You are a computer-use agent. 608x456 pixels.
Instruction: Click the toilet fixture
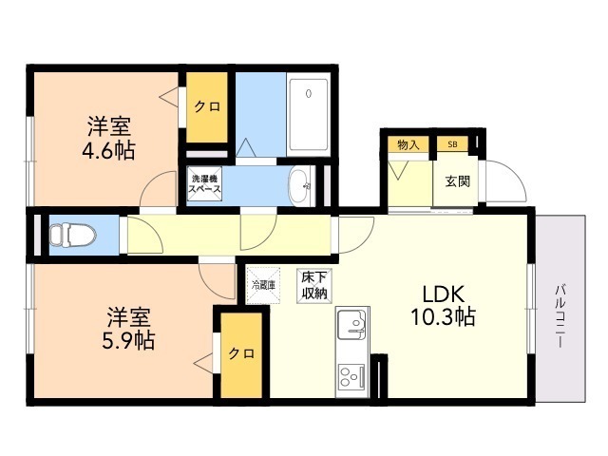tap(72, 235)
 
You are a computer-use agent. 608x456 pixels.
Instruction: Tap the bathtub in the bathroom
tap(308, 116)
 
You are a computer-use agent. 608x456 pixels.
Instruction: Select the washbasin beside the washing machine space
tap(300, 186)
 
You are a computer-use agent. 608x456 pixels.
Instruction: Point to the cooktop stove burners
tap(352, 376)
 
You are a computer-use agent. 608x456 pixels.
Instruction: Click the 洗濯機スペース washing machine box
tap(204, 183)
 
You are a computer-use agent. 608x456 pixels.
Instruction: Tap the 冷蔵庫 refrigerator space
tap(264, 285)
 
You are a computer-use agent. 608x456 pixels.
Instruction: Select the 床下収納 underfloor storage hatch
tap(314, 286)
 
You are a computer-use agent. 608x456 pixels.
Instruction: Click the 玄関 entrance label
tap(458, 181)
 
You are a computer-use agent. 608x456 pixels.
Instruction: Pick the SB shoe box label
tap(452, 144)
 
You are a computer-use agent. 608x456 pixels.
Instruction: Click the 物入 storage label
tap(408, 145)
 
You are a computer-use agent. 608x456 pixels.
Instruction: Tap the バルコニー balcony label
tap(560, 316)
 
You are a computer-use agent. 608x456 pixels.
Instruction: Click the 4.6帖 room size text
tap(108, 151)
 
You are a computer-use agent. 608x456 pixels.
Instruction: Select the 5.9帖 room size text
tap(128, 340)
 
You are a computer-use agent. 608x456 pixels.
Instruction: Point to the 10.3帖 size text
tap(443, 317)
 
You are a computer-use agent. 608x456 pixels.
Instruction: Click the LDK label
tap(444, 294)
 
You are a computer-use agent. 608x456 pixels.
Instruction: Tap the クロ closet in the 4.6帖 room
tap(207, 107)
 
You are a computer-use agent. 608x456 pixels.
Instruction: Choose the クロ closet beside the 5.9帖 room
tap(241, 354)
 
